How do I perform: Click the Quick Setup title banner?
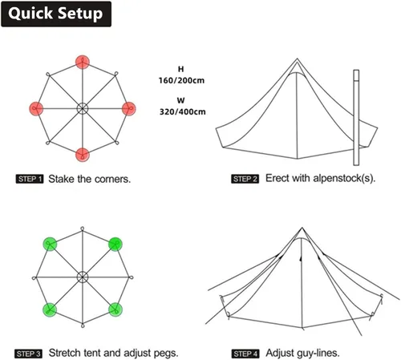[x=56, y=14]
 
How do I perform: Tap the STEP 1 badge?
[x=30, y=179]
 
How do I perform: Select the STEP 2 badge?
[x=245, y=179]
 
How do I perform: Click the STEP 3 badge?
[x=28, y=354]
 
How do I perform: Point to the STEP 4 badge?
[x=245, y=354]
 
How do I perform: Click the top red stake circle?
[x=83, y=62]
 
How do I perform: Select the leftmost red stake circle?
[x=36, y=108]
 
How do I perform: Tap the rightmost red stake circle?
[x=129, y=108]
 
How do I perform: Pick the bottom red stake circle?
[x=83, y=155]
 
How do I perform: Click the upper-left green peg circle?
[x=50, y=244]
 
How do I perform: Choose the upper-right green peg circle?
[x=115, y=244]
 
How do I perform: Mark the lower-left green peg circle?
[x=50, y=309]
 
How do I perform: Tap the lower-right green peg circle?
[x=115, y=309]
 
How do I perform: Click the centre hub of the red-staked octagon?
[x=83, y=108]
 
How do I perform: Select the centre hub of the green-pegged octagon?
[x=83, y=277]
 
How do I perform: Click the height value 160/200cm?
[x=181, y=80]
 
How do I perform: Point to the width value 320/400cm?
[x=183, y=111]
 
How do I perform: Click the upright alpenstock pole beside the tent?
[x=356, y=118]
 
